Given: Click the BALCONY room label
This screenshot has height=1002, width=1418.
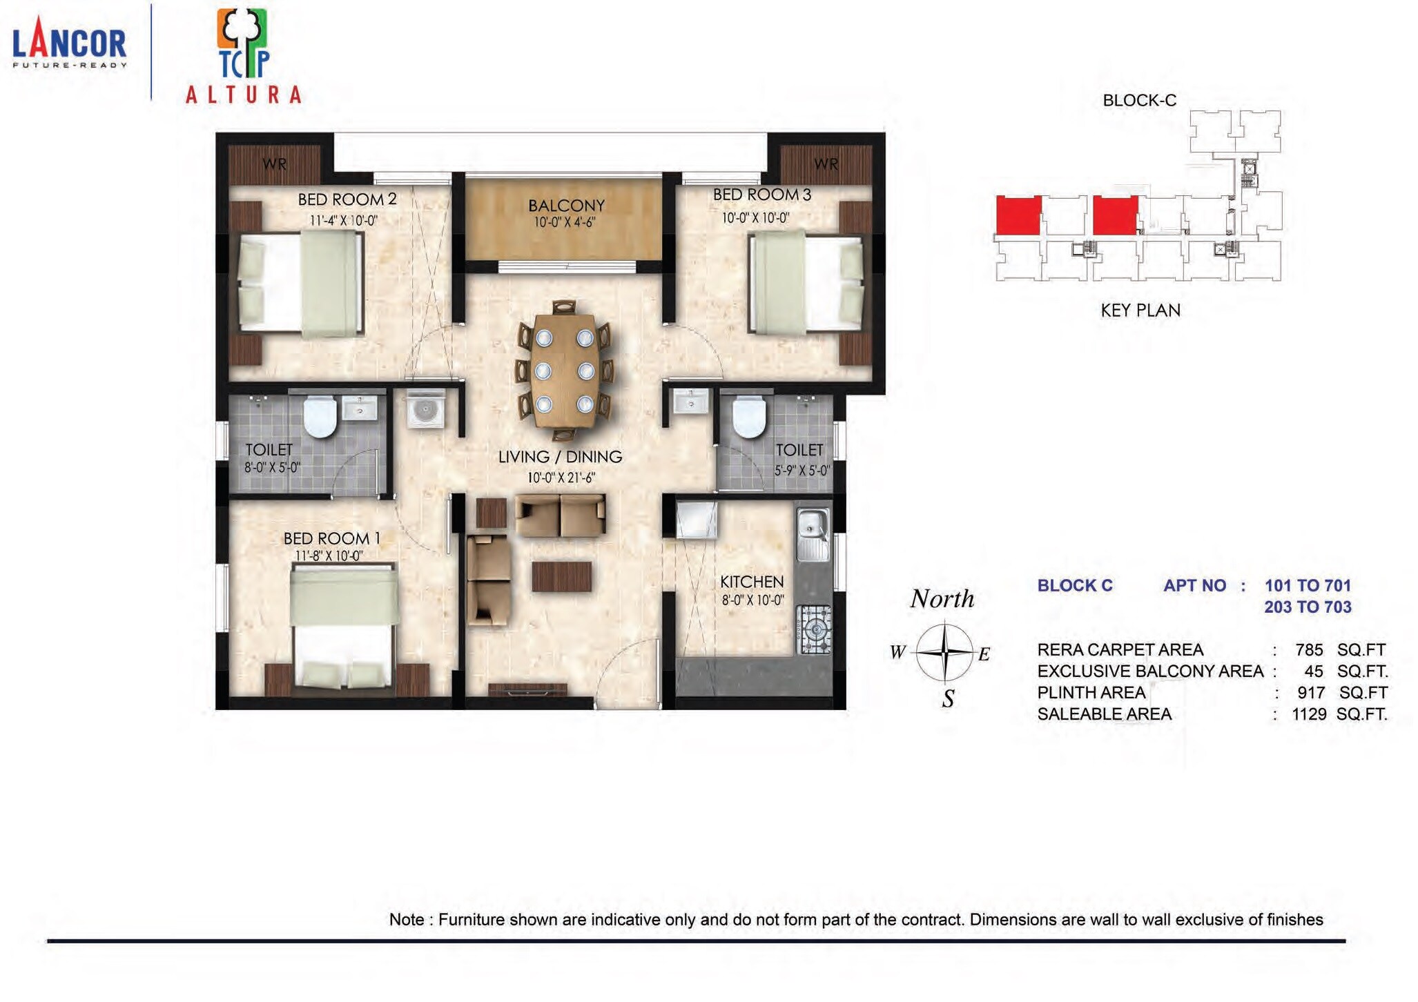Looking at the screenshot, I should coord(566,206).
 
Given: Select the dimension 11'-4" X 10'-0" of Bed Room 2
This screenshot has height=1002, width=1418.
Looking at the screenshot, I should coord(343,221).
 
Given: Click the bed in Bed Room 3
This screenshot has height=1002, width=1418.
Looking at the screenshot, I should coord(806,283).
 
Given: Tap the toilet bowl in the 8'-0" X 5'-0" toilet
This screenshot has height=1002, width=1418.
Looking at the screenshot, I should coord(320,417).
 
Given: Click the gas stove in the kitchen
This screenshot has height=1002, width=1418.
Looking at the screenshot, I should coord(815,629).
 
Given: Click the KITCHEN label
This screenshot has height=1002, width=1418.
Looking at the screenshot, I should coord(752,582).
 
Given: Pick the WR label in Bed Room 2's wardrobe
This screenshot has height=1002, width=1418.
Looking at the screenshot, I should coord(275,164).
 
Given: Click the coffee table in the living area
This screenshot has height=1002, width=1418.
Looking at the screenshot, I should coord(561,576).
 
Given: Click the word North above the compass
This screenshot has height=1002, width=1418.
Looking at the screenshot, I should coord(942,599).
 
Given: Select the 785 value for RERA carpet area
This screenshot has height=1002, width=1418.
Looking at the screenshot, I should coord(1309,650).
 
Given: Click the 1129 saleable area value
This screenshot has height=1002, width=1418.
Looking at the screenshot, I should coord(1309,714).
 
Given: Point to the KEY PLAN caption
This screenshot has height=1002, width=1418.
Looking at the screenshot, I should coord(1140,311).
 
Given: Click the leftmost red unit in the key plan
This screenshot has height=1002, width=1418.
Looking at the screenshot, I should coord(1018,215).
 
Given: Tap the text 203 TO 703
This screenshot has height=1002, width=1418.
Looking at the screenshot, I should coord(1308,607).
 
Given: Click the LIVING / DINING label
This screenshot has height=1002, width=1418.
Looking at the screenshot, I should coord(560,457).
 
